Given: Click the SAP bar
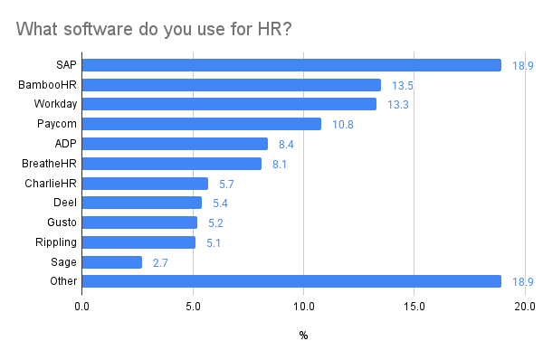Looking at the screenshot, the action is (x=291, y=65).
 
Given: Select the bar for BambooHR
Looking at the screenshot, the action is (x=232, y=85).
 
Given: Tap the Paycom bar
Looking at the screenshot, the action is (x=202, y=124).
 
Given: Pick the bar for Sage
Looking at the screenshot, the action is (x=112, y=262).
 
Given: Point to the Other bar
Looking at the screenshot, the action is (x=291, y=281).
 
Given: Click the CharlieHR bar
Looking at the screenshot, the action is (x=145, y=184).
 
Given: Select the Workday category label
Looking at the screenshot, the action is (x=55, y=104).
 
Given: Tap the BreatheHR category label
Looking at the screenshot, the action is (x=49, y=164).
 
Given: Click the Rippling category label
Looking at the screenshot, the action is (x=56, y=242).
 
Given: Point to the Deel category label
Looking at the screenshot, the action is (x=65, y=202).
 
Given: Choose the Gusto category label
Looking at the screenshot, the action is (x=62, y=223).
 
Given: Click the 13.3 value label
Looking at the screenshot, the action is (x=398, y=105).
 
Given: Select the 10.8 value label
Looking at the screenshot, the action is (x=343, y=125).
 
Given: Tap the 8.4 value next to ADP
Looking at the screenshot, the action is (x=286, y=145).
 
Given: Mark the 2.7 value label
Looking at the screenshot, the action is (x=160, y=263).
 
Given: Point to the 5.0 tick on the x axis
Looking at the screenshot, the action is (x=193, y=307).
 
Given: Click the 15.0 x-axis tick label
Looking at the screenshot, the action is (x=414, y=307).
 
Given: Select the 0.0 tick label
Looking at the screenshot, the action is (x=81, y=307).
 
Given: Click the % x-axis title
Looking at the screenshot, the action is (x=303, y=335).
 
